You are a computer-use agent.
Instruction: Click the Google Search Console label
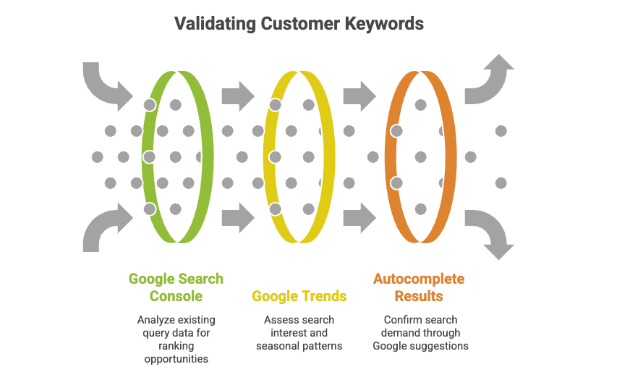coord(176,287)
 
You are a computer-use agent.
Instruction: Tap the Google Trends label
coord(299,296)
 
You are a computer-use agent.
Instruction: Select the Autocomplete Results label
coord(419,287)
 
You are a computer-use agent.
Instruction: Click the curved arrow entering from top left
coord(105,83)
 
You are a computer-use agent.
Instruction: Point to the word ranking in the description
coord(176,345)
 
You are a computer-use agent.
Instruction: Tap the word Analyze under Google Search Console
coord(155,319)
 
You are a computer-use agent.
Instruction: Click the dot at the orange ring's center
coord(420,156)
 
